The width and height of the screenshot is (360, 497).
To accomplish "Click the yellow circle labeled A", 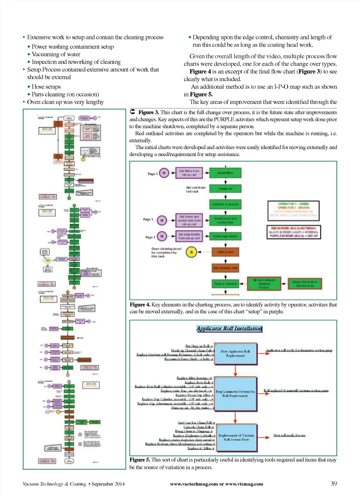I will tap(191, 252).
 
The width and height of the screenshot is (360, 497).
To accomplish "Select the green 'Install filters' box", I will tap(225, 173).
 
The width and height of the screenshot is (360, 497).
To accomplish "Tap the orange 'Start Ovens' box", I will tap(225, 252).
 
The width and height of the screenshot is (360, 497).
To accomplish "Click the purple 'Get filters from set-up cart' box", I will tap(189, 173).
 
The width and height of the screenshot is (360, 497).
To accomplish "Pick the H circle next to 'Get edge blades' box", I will tap(162, 236).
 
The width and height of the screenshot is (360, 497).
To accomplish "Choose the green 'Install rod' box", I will tap(225, 189).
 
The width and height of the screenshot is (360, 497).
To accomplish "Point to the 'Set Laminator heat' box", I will tap(225, 268).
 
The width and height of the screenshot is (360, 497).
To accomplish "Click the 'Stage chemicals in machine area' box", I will tap(305, 284).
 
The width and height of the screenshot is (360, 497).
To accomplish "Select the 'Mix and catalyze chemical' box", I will tap(264, 284).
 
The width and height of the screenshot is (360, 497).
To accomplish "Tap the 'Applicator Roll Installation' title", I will tap(229, 329).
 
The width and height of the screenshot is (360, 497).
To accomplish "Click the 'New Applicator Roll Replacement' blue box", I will tap(235, 353).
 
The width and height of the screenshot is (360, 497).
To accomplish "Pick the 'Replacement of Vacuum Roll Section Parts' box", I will tap(236, 438).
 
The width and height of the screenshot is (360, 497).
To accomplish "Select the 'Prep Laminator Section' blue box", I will tap(235, 394).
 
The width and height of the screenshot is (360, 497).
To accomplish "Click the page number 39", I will tap(334, 484).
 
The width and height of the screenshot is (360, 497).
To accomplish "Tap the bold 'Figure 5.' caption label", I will tap(140, 460).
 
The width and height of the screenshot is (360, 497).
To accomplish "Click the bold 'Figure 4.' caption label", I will tap(140, 305).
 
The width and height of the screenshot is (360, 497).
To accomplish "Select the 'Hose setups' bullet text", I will tap(46, 87).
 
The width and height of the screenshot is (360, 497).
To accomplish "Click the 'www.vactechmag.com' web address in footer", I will tap(194, 484).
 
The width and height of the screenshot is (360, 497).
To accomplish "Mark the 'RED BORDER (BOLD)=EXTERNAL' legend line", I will tap(294, 228).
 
